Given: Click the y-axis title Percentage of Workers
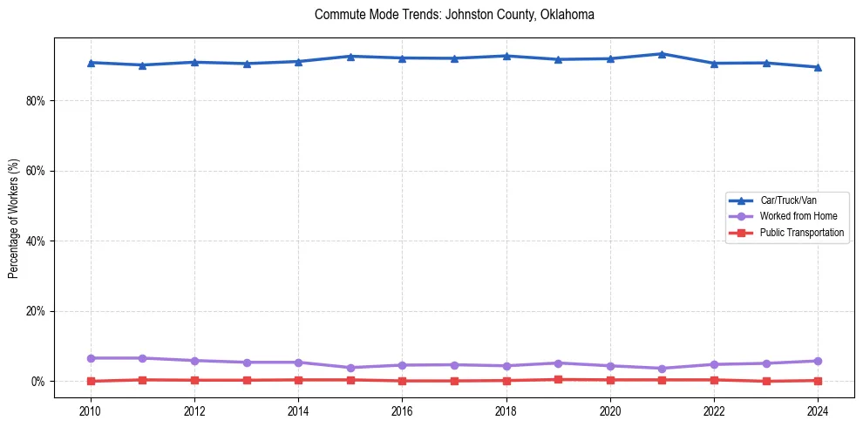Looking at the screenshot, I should [x=13, y=218].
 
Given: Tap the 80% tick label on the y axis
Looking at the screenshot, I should [x=35, y=101].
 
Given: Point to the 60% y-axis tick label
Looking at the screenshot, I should [x=35, y=171].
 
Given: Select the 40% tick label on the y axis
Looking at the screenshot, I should [x=35, y=241].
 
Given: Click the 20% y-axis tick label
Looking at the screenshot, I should [x=35, y=311].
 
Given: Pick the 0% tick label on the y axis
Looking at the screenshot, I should [x=37, y=382].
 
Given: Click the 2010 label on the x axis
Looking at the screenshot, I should [x=91, y=410].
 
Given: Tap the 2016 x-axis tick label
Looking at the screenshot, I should [x=402, y=410].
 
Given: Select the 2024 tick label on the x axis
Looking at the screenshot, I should [x=818, y=410].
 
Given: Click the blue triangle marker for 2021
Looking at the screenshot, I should [x=662, y=54].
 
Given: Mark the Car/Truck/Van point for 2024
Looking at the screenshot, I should [x=818, y=67].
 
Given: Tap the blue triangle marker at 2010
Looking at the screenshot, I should [x=91, y=63].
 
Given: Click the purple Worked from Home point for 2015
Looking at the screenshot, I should [x=350, y=368].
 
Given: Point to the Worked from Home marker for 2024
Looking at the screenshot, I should [x=818, y=361].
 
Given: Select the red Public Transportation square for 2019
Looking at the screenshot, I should [x=558, y=379].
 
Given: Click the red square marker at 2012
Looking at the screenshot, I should [x=194, y=380].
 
